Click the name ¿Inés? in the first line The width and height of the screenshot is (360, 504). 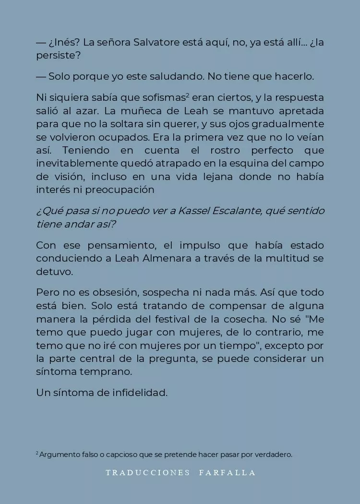(x=64, y=42)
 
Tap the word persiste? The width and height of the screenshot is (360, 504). (x=58, y=55)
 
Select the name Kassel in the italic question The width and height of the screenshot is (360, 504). (x=205, y=211)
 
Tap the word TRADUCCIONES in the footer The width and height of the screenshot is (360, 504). (x=148, y=473)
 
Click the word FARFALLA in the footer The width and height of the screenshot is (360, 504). (x=228, y=473)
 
